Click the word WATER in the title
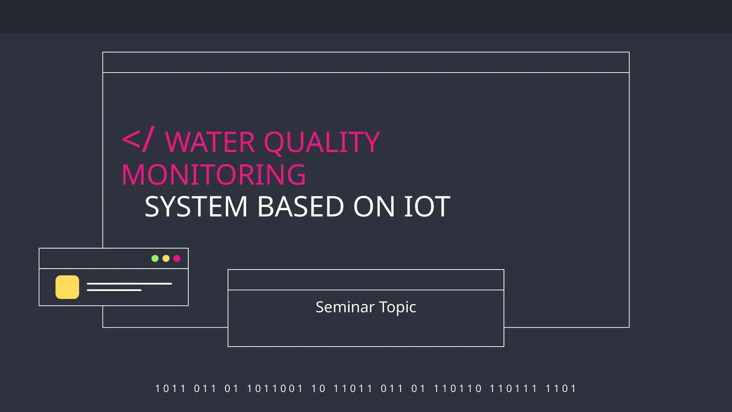pos(210,142)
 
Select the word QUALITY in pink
pos(322,142)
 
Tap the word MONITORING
pos(214,175)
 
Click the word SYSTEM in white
pos(196,207)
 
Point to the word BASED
pos(300,207)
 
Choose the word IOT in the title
pos(427,207)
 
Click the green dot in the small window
pos(155,258)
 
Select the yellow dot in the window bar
pos(166,258)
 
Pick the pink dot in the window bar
pos(177,258)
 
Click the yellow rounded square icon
pos(67,287)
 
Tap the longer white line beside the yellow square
pos(129,284)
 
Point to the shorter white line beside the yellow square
pos(114,290)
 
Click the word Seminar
pos(345,307)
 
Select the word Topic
pos(397,307)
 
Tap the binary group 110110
pos(457,388)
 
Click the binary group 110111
pos(513,388)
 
